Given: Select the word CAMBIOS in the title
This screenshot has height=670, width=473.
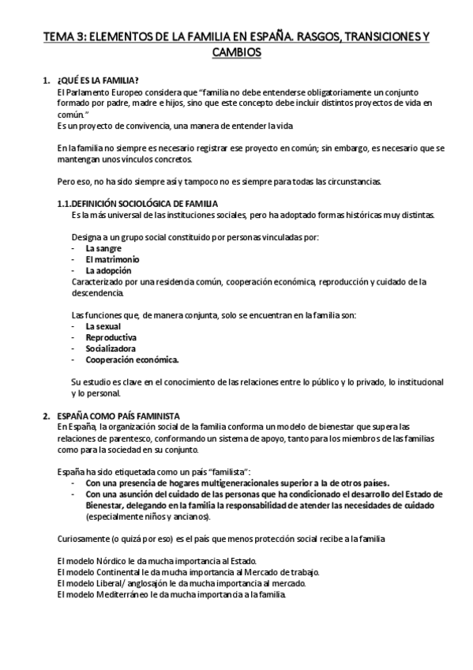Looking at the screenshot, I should pos(237,53).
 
